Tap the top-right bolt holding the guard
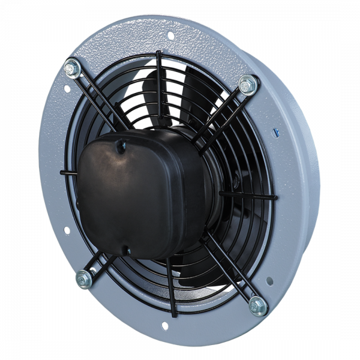(x=246, y=85)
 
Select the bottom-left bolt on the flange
(x=83, y=277)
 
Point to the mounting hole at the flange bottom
(x=161, y=327)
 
